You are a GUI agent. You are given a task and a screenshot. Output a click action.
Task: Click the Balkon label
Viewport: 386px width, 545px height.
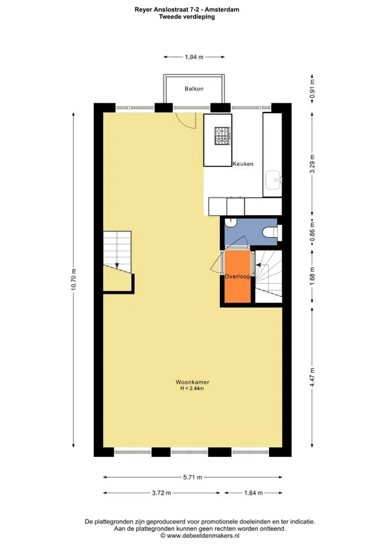click(194, 89)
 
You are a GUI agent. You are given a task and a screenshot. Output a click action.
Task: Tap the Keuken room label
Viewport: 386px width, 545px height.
click(243, 164)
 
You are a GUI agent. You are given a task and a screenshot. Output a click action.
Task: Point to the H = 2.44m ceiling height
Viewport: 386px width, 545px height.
click(192, 388)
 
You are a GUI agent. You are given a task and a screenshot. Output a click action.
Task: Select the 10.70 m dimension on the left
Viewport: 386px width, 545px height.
click(74, 280)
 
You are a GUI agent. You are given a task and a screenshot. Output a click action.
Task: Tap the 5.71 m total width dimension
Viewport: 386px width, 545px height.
click(192, 478)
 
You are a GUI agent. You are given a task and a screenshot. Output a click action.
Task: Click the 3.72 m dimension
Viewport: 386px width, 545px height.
click(161, 493)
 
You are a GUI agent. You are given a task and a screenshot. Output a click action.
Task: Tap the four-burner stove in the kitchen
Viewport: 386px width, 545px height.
click(222, 135)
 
